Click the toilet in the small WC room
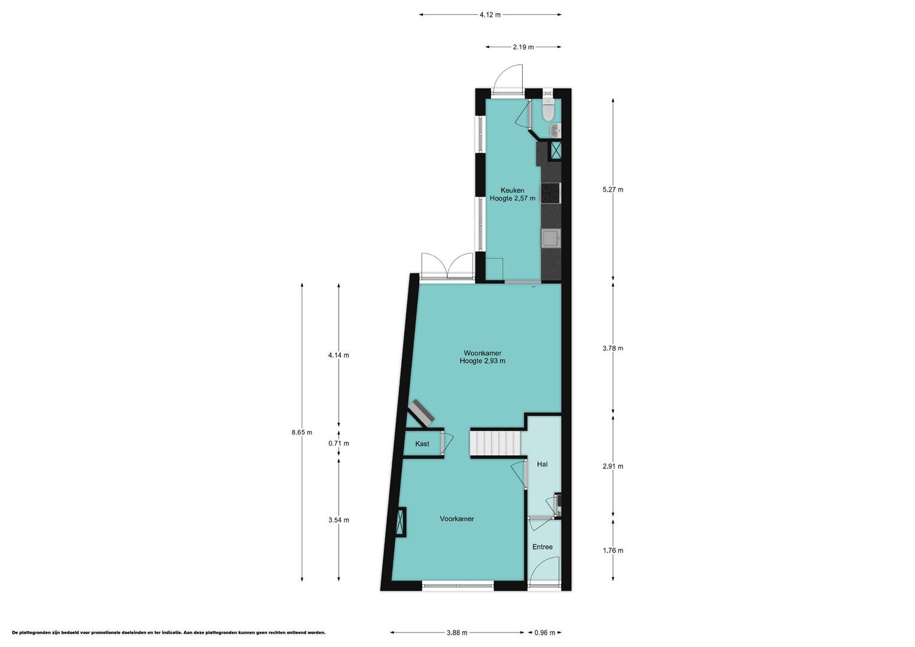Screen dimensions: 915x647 547,110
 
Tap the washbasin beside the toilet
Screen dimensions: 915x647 556,131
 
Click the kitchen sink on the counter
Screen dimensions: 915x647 551,238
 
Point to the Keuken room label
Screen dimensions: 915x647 512,190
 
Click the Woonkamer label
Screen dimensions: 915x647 483,353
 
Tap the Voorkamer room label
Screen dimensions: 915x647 457,519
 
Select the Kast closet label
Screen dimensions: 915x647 422,443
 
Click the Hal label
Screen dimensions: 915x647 542,464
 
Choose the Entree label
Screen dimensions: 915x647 542,546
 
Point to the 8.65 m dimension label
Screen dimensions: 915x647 302,432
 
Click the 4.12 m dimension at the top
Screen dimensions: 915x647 490,15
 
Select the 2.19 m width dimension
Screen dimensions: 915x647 523,47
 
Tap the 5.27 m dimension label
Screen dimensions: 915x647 613,189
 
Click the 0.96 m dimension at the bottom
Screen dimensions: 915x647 545,633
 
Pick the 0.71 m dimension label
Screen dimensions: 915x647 338,443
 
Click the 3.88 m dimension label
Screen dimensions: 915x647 457,633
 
